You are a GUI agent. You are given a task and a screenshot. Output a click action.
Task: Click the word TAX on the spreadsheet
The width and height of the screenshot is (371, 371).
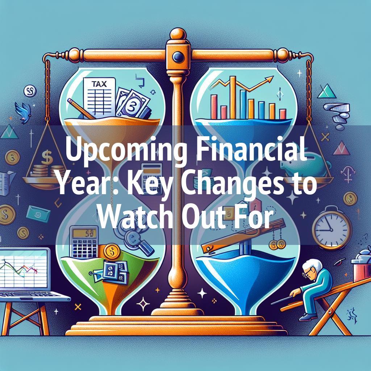click(99, 84)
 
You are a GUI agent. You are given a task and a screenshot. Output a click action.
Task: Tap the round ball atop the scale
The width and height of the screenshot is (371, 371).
click(178, 34)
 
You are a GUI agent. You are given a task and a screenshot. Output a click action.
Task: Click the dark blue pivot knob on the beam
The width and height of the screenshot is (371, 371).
click(178, 57)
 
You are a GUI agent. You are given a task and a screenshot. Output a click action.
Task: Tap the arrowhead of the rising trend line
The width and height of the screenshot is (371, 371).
click(270, 79)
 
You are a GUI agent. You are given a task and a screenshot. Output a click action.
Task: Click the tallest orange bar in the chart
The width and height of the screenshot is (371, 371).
click(233, 97)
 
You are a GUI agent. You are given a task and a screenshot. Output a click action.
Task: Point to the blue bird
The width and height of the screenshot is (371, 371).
click(23, 112)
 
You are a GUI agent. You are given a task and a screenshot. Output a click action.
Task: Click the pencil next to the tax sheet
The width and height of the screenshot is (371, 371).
click(81, 109)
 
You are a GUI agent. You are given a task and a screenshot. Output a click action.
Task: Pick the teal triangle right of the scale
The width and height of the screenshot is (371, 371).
click(327, 92)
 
